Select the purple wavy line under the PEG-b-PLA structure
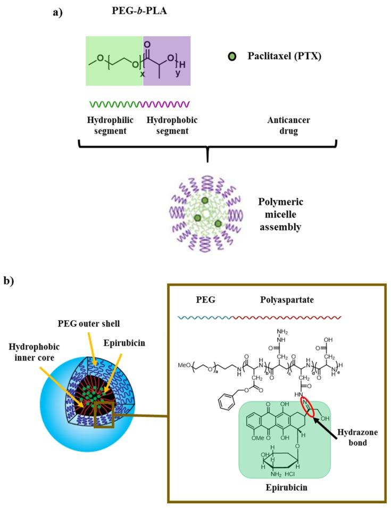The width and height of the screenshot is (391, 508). pos(165,104)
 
